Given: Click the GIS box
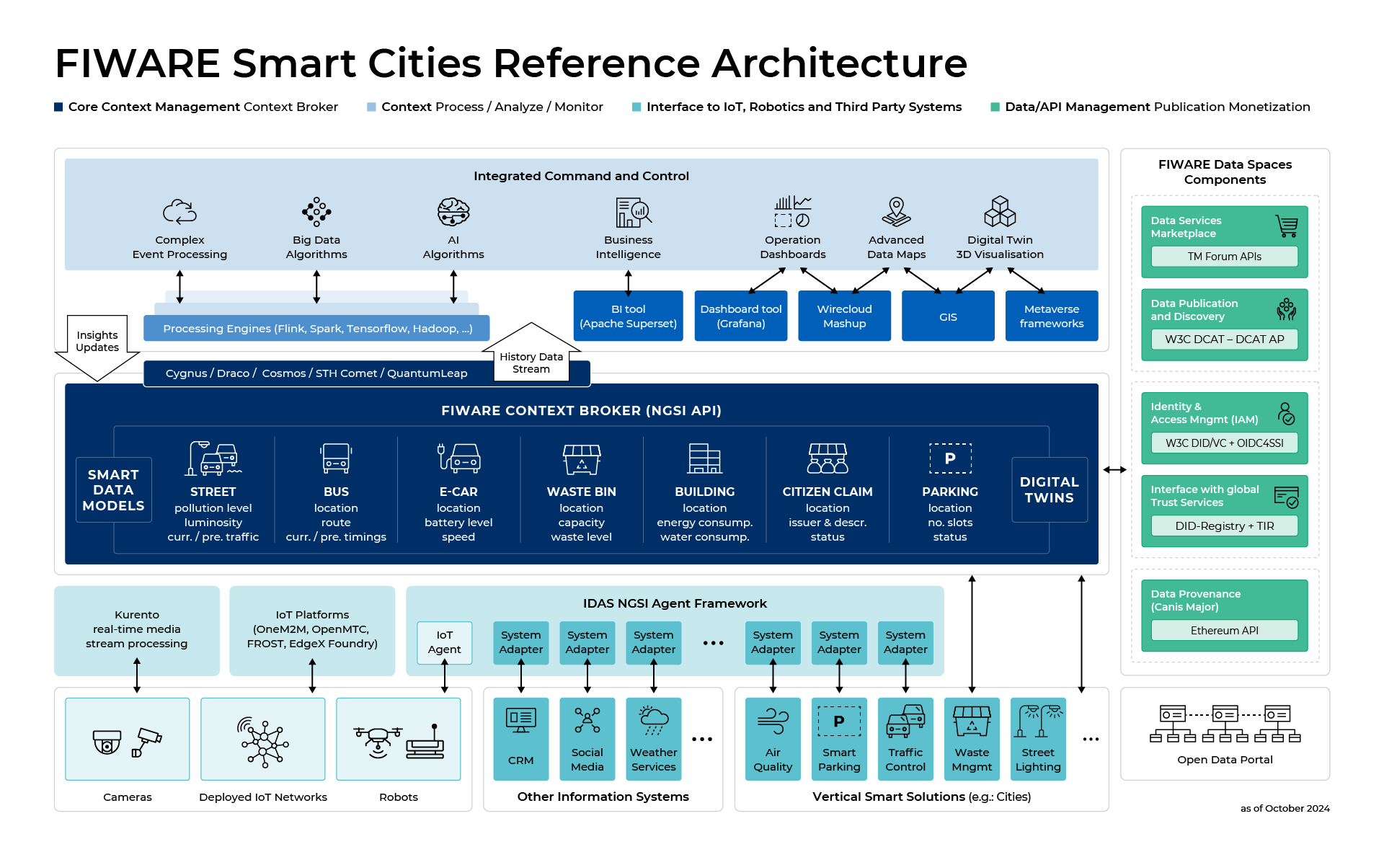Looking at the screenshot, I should coord(948,316).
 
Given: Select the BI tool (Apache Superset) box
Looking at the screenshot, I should coord(628,316).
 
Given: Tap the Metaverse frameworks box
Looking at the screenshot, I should coord(1051,316).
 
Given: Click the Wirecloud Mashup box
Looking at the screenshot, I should coord(844,316).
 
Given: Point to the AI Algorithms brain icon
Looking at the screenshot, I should coord(453,212).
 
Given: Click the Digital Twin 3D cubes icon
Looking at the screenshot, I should coord(1000,212).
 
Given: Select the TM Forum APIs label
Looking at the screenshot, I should coord(1224,257).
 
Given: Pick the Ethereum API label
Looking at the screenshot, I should coord(1224,631).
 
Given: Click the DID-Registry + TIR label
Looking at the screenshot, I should coord(1224,526).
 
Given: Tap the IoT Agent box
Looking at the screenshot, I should coord(444,642).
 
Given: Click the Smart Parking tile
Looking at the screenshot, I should coord(839,739).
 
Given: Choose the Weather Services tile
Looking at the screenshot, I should coord(653,739).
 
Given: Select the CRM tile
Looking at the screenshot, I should coord(520,739).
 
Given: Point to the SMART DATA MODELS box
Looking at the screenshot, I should coord(113,490).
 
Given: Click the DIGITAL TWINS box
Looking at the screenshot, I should coord(1049,490).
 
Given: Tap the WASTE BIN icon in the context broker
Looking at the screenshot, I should coord(581,459).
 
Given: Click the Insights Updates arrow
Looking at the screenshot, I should coord(97,346).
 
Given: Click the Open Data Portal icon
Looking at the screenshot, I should coord(1225,724).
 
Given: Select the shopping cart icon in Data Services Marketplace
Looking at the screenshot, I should coord(1287,226).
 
